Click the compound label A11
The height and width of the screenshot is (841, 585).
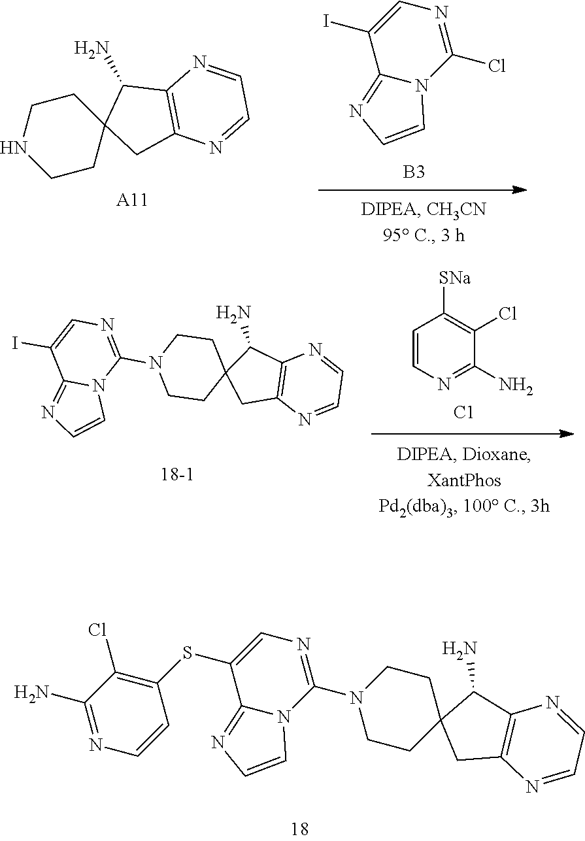click(131, 201)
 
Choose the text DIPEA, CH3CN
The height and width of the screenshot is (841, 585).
click(423, 210)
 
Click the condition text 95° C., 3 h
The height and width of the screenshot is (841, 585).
click(423, 235)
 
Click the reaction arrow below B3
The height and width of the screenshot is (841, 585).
click(423, 190)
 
